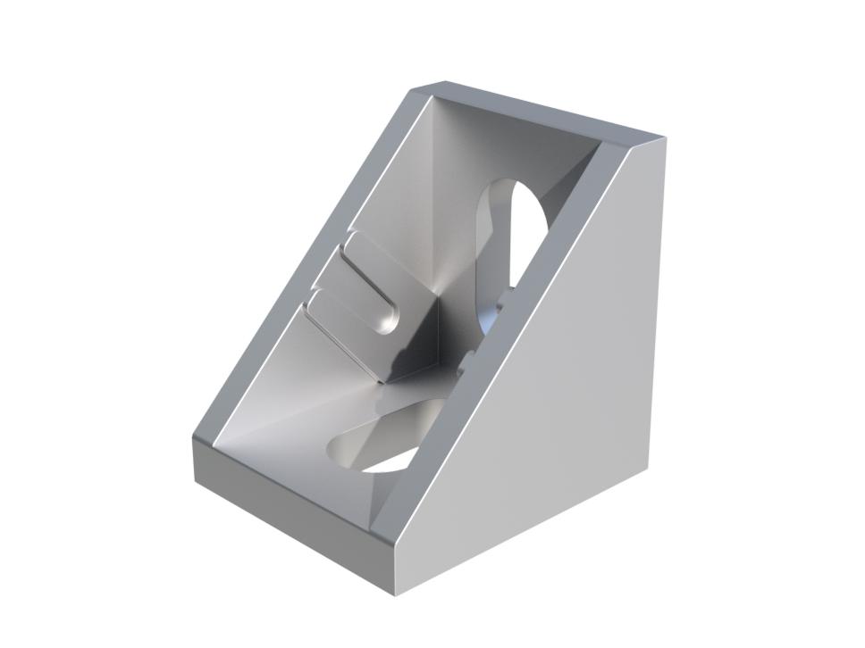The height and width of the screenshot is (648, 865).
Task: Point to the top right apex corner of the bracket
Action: click(x=662, y=138)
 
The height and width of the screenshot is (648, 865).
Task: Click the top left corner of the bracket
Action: click(x=420, y=89)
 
